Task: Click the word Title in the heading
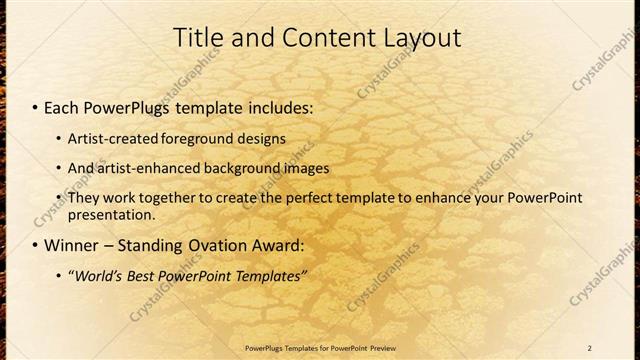[199, 38]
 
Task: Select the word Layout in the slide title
[422, 39]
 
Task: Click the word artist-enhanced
[144, 168]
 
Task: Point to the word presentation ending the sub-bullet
[110, 214]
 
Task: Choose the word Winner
[71, 245]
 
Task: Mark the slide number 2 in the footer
[590, 347]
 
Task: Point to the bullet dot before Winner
[35, 246]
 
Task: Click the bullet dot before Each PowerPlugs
[35, 106]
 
